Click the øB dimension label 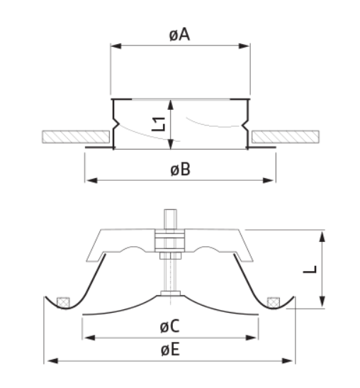click(179, 170)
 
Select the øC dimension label click(170, 327)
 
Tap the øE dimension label click(170, 350)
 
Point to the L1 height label click(159, 124)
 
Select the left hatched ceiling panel click(77, 135)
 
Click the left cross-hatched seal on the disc click(64, 301)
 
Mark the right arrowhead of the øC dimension click(255, 338)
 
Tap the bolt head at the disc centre click(170, 293)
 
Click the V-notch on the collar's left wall click(113, 128)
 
